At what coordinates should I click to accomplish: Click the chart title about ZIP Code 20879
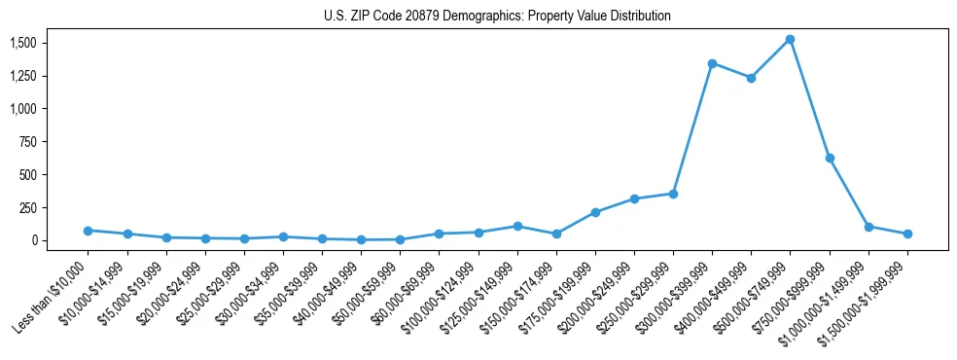pos(497,17)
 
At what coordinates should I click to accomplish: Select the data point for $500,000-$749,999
pos(790,40)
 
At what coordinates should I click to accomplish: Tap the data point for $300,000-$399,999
pos(712,63)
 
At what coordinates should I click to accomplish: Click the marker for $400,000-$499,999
pos(751,78)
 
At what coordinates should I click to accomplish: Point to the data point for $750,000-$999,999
pos(830,158)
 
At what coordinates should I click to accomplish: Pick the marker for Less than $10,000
pos(88,231)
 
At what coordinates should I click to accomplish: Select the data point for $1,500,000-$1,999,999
pos(907,234)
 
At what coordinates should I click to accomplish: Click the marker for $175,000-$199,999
pos(595,212)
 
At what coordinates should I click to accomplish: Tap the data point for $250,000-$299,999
pos(673,194)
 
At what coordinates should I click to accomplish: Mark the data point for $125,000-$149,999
pos(517,226)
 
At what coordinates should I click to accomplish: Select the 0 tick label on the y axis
pos(35,240)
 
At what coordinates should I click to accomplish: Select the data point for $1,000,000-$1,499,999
pos(868,227)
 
